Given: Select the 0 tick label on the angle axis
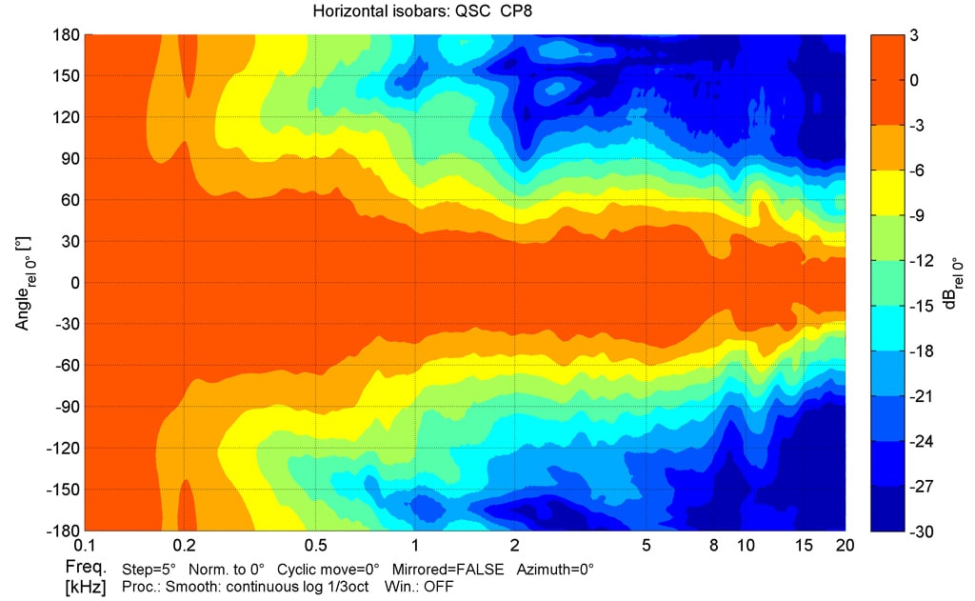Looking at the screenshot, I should (x=70, y=283).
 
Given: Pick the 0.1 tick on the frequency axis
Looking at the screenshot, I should (x=86, y=546).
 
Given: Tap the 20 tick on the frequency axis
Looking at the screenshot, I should (x=845, y=546).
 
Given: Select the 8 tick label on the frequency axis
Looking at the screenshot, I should (x=713, y=546).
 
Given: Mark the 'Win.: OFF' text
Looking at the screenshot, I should (x=418, y=586).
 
